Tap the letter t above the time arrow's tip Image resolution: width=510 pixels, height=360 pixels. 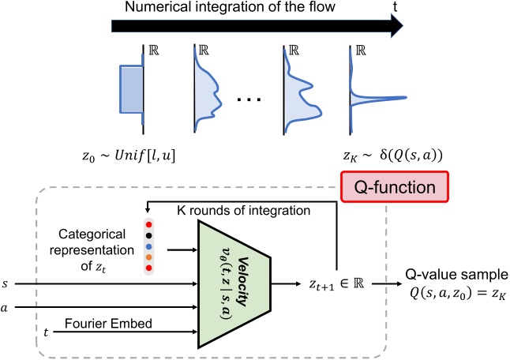click(x=395, y=6)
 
